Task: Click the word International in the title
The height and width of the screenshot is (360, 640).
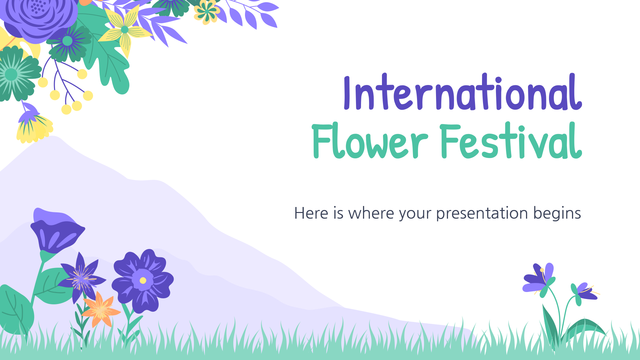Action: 463,92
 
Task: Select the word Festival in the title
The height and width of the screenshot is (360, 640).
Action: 511,140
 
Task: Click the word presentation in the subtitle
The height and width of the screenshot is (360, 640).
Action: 482,214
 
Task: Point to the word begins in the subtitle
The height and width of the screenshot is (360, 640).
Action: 557,214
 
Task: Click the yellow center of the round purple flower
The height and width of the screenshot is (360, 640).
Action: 143,281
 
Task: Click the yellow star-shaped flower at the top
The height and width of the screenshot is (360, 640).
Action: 125,30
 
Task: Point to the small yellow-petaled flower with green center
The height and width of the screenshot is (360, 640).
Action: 207,12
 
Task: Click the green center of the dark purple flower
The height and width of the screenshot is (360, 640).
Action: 67,41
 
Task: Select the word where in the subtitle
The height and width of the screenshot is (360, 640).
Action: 371,213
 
